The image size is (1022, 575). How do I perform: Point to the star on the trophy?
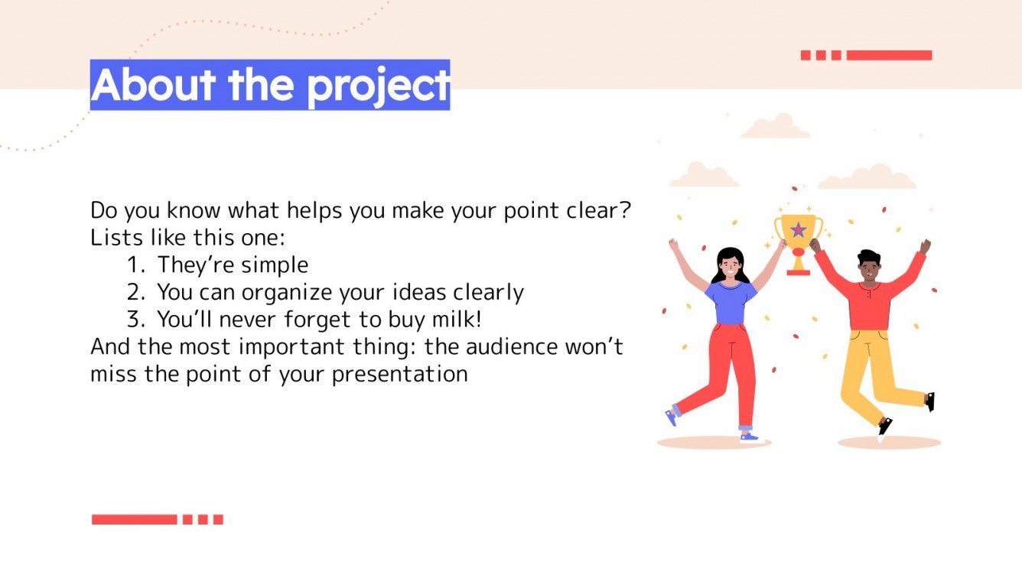point(799,229)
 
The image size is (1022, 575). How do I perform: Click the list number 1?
point(135,265)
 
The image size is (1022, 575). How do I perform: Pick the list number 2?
point(135,292)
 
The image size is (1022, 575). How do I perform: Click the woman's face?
point(729,267)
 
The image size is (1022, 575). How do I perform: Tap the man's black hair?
point(869,256)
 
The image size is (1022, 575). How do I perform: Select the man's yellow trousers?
point(872,367)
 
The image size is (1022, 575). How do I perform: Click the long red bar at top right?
point(889,55)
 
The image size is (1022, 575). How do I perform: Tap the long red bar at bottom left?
point(134,519)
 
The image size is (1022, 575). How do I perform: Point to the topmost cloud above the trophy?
point(776,128)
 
